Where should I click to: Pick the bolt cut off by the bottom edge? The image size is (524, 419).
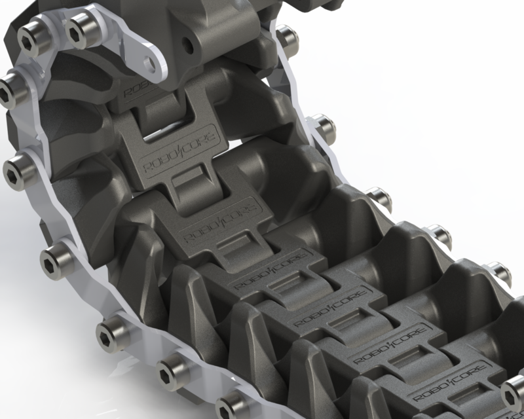[231, 406]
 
